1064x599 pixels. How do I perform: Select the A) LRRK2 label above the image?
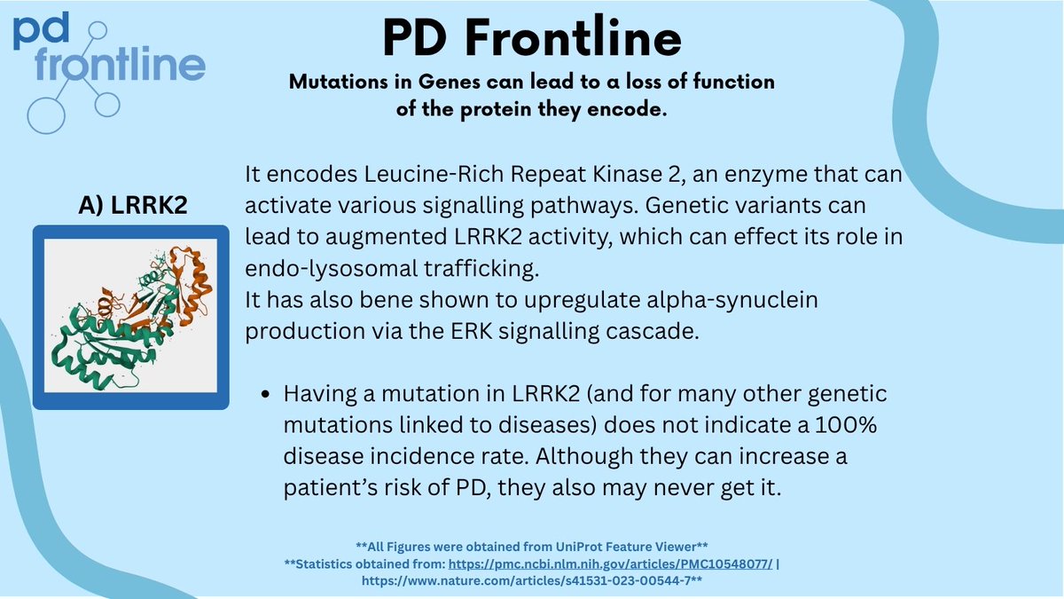[x=131, y=204]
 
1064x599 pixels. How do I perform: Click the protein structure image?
[x=131, y=318]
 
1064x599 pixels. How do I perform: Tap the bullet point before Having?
[x=265, y=393]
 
